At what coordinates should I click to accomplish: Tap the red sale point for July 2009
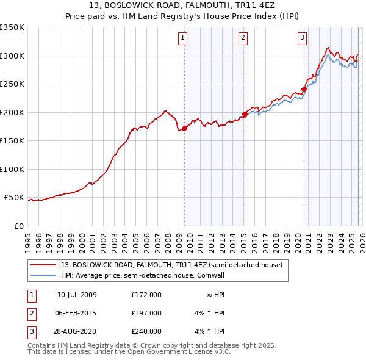coord(184,128)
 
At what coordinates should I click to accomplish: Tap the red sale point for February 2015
coord(244,114)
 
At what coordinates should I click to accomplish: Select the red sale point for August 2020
coord(304,89)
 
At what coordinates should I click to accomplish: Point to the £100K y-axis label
coord(12,169)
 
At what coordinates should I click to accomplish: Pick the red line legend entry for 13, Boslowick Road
coord(171,265)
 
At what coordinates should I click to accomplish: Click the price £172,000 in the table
coord(146,295)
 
